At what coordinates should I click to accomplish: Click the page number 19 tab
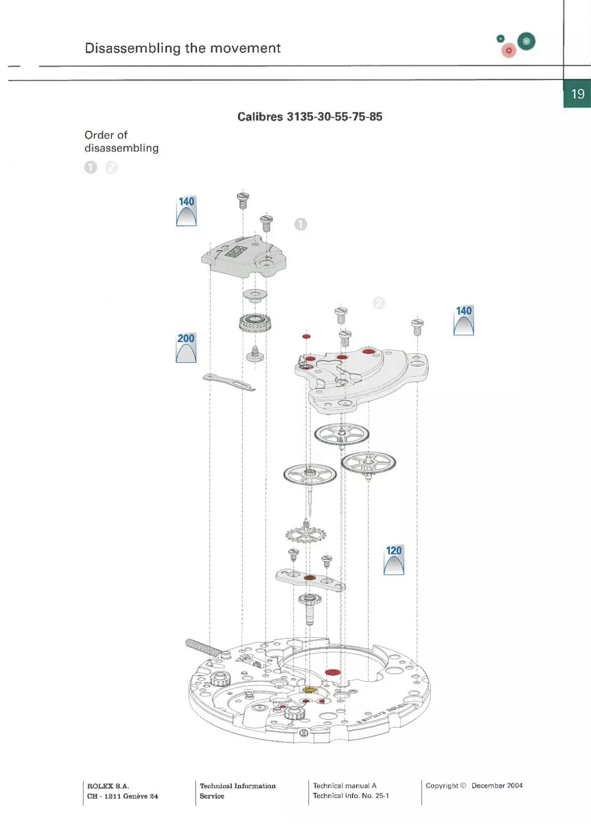click(577, 94)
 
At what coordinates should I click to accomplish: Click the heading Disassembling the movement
click(182, 48)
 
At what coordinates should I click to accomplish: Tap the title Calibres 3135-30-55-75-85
click(309, 117)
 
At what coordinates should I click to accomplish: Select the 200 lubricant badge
click(186, 347)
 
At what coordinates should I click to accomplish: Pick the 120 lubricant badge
click(394, 559)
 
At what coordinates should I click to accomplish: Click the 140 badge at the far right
click(463, 320)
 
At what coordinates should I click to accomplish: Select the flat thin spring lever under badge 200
click(229, 382)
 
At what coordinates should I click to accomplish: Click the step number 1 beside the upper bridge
click(300, 224)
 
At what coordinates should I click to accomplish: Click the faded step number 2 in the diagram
click(379, 303)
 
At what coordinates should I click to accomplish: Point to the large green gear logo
click(526, 41)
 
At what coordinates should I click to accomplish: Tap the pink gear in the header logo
click(509, 50)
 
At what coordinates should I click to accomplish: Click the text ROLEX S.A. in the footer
click(108, 786)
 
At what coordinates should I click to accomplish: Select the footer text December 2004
click(497, 785)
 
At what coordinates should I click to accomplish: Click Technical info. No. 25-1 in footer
click(350, 796)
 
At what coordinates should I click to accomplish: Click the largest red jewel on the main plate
click(332, 672)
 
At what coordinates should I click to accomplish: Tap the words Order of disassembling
click(121, 141)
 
